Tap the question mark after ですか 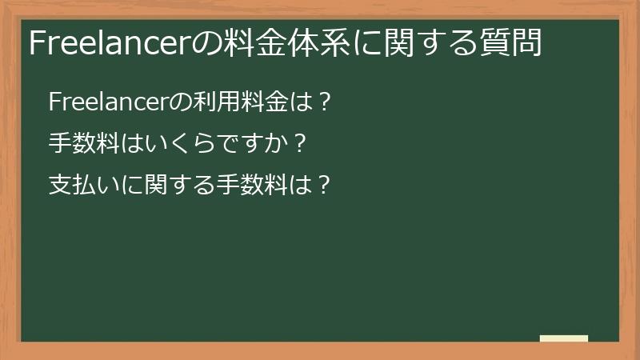300,144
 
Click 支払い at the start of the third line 84,186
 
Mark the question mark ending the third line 323,186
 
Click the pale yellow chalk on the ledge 564,338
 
